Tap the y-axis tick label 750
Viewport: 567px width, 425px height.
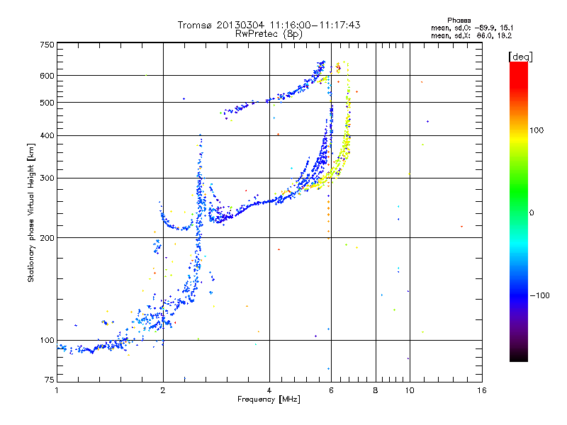click(47, 45)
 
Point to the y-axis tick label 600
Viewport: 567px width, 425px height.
click(47, 76)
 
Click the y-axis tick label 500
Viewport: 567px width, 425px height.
click(47, 103)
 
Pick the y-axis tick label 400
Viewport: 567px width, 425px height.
click(47, 135)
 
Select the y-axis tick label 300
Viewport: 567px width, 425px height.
click(47, 178)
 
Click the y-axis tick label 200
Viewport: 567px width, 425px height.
click(47, 237)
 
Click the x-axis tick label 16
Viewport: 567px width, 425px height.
click(481, 390)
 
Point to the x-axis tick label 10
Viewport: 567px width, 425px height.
click(409, 390)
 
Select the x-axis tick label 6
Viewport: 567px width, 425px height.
click(331, 390)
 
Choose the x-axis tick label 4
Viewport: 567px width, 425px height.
click(269, 390)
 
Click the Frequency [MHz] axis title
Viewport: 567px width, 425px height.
click(269, 399)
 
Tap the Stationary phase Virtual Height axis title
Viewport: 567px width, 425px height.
click(31, 212)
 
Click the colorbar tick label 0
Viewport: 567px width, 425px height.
click(533, 212)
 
